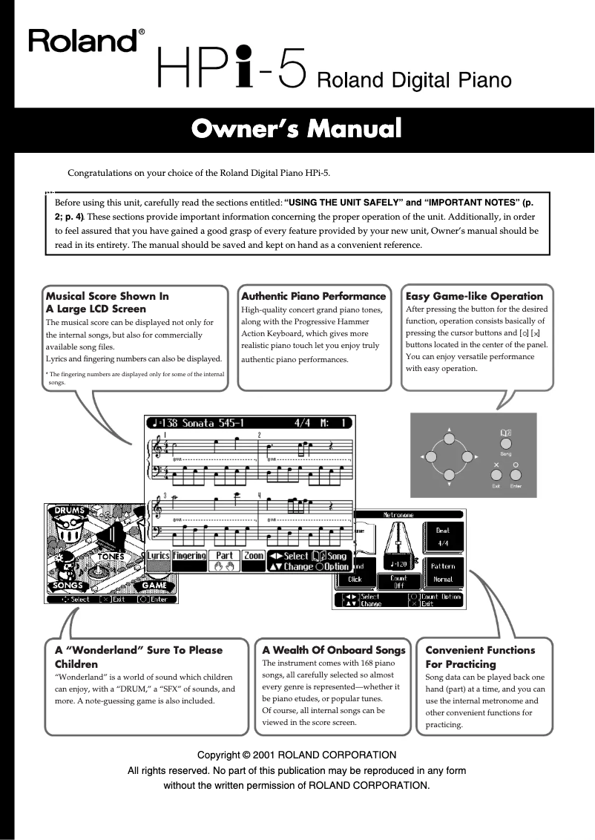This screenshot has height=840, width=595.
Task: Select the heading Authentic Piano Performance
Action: click(314, 296)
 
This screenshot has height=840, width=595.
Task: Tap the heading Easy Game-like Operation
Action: click(474, 296)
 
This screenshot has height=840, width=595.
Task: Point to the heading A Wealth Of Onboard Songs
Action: click(334, 650)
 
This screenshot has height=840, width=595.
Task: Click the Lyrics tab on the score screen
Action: click(158, 555)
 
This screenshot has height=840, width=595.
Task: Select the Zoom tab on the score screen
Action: click(254, 555)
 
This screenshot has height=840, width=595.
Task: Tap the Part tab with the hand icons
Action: click(224, 560)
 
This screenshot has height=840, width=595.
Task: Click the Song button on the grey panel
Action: click(506, 442)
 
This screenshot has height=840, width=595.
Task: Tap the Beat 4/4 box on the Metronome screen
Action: click(442, 535)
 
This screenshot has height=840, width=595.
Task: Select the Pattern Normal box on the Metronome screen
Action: click(442, 571)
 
